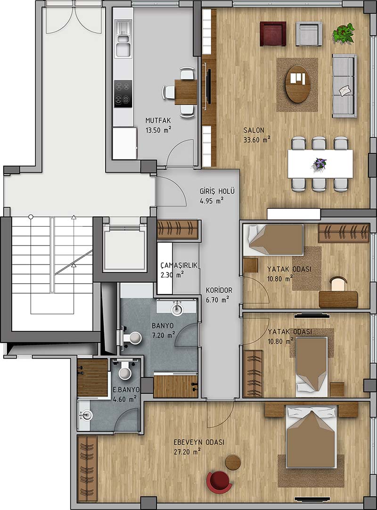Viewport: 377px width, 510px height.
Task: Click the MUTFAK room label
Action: (x=158, y=120)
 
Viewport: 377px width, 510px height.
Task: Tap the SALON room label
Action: (x=254, y=130)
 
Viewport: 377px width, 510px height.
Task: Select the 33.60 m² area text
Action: (x=257, y=140)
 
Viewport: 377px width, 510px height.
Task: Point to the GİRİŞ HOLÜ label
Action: (x=217, y=191)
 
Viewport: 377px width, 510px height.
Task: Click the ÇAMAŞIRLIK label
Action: (x=179, y=265)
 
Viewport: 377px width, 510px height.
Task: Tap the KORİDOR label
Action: (x=219, y=290)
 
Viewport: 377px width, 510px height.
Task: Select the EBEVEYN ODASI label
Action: (x=199, y=442)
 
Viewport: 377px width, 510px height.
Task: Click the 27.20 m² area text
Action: (x=187, y=452)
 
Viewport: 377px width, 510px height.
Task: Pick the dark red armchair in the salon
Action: (x=273, y=34)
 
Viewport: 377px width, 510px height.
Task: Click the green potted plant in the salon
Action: (x=344, y=32)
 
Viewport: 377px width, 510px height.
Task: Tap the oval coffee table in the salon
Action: (x=297, y=84)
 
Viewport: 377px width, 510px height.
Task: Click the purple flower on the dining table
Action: (x=320, y=163)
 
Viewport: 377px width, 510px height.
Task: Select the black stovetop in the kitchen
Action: (x=123, y=94)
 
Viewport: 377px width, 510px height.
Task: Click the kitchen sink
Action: (x=123, y=39)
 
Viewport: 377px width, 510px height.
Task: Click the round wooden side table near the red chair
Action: (x=233, y=462)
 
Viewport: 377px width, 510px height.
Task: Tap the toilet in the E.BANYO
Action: (x=125, y=370)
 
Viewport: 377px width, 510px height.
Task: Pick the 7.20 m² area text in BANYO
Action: (x=163, y=335)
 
